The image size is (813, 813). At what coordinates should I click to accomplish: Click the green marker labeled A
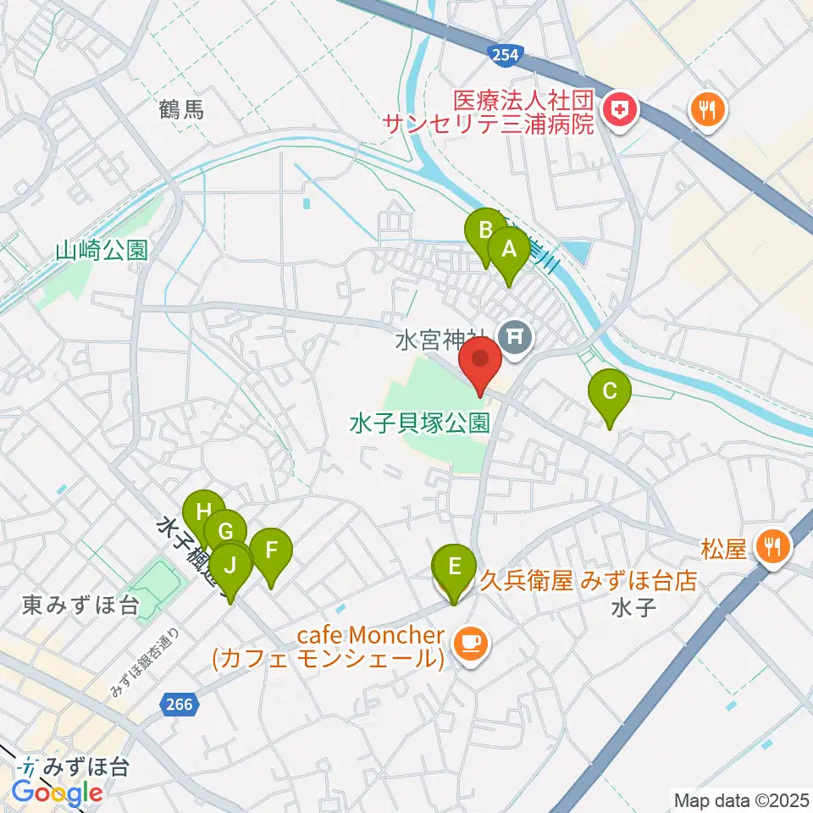coord(509,249)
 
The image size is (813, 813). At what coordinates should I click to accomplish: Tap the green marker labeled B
coord(486,230)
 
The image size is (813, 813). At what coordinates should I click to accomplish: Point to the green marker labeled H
coord(203,512)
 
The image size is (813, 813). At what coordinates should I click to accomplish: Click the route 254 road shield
coord(506,55)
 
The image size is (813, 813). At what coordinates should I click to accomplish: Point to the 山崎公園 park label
coord(102,251)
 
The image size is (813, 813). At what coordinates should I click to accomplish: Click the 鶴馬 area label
coord(181,109)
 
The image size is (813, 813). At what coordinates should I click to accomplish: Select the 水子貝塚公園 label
coord(420,421)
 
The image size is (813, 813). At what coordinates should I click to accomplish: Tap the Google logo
coord(57,793)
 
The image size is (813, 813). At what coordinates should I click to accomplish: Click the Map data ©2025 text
coord(740,799)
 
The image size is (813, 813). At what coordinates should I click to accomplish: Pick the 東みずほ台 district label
coord(80,606)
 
